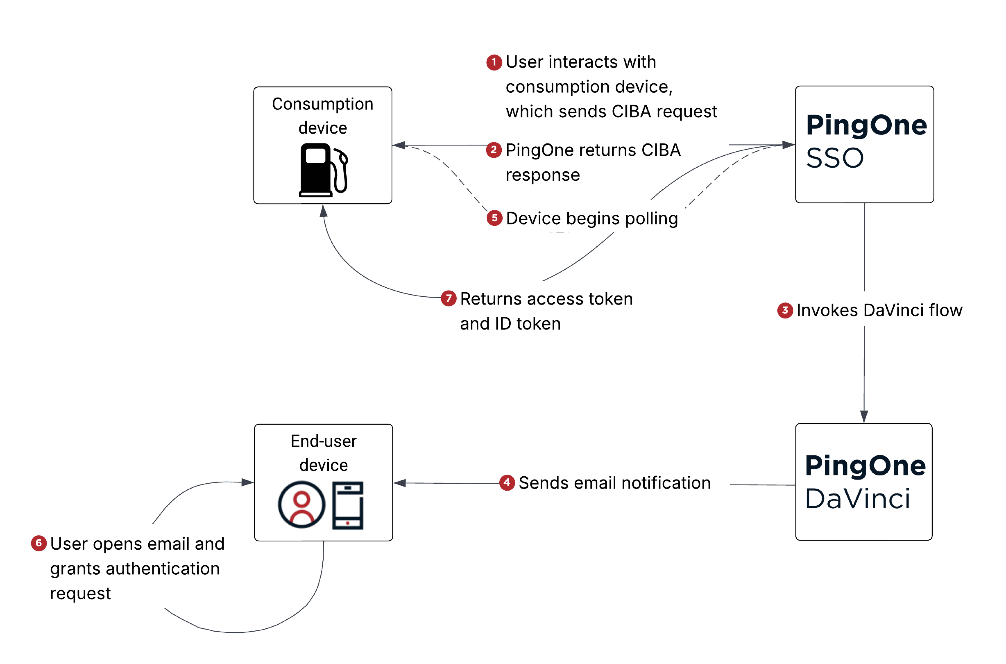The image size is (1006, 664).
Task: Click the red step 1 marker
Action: click(x=494, y=62)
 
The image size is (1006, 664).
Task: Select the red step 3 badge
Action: click(x=785, y=310)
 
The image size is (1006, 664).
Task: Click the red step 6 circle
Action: click(x=39, y=543)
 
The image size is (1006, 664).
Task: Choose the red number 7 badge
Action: click(x=449, y=298)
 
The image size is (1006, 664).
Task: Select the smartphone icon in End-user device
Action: click(x=348, y=506)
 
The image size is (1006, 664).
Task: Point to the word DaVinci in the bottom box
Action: click(x=857, y=499)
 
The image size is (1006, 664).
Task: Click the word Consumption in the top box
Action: click(x=322, y=104)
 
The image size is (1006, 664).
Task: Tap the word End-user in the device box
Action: click(x=323, y=441)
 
